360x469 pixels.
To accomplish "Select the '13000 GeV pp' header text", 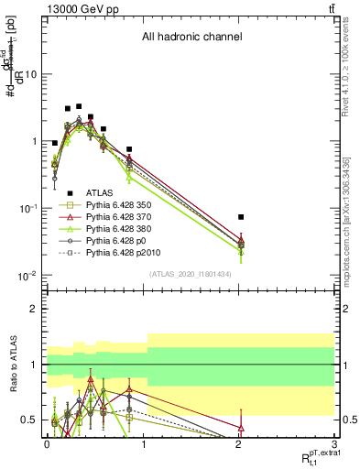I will click(79, 8).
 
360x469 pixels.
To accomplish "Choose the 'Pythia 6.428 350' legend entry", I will click(125, 203).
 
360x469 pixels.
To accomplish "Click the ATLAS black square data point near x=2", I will click(240, 217).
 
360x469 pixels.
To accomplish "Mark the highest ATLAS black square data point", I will click(79, 106).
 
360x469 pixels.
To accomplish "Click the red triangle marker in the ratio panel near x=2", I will click(240, 428).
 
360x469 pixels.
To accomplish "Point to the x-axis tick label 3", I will click(334, 445).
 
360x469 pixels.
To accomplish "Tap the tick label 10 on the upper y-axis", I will click(31, 75).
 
